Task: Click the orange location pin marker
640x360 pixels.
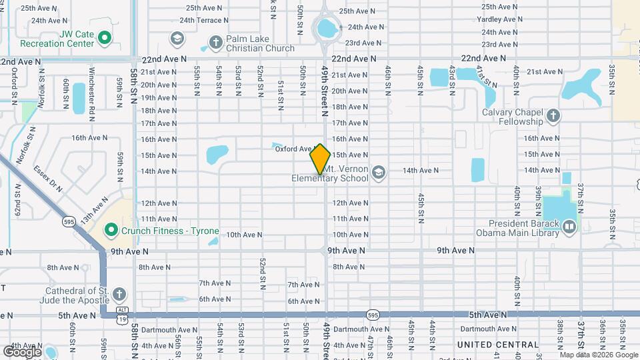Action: (x=320, y=159)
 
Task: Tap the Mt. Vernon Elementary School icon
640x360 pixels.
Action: (x=379, y=173)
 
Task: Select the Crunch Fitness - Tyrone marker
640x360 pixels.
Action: (x=111, y=231)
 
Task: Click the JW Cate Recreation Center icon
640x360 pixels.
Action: (x=105, y=38)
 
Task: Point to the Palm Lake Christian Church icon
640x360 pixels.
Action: (x=215, y=43)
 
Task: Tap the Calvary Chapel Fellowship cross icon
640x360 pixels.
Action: (x=553, y=117)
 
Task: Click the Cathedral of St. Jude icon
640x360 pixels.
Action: (x=118, y=295)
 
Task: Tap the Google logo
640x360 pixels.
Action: (x=22, y=351)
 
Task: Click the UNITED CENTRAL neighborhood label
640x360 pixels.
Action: (x=497, y=345)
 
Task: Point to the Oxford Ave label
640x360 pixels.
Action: (x=294, y=149)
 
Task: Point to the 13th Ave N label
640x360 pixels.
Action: (x=94, y=209)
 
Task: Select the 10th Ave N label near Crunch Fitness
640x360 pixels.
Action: (x=244, y=235)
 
